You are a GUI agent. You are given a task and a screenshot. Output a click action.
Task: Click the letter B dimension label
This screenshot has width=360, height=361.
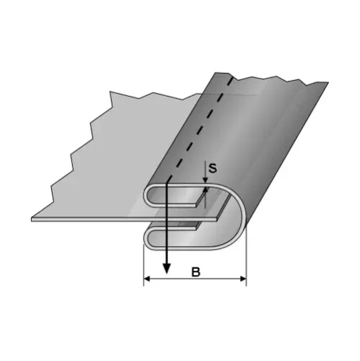195,272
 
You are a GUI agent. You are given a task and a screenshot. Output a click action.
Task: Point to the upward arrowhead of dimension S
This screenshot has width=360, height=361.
206,194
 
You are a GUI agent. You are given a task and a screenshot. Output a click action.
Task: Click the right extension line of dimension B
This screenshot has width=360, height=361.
247,264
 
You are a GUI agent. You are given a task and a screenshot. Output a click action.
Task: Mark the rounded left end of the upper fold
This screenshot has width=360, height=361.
148,195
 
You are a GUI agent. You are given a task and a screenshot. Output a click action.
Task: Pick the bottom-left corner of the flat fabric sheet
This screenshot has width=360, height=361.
34,219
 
